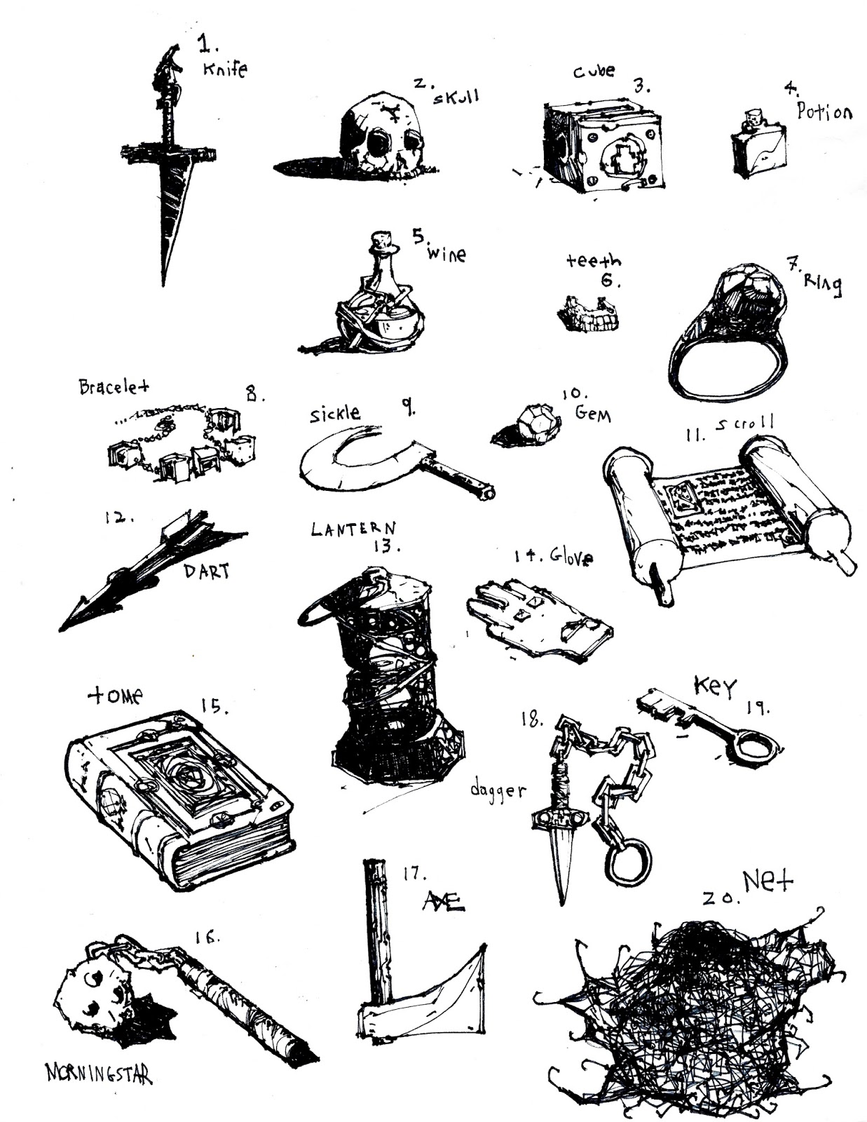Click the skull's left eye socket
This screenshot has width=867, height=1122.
tap(378, 140)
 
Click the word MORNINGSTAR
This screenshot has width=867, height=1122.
tap(99, 1073)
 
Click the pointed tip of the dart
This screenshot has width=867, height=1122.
tap(62, 629)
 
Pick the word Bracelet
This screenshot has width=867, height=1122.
tap(114, 386)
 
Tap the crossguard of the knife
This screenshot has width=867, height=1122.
tap(168, 153)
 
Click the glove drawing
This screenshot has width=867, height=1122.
tap(539, 620)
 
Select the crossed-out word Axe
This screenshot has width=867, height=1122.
tap(444, 902)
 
